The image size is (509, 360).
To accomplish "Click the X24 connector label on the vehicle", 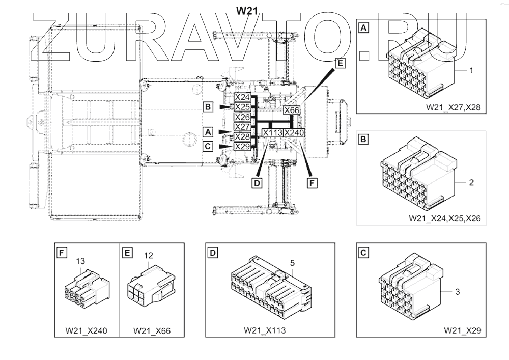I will pos(242,97).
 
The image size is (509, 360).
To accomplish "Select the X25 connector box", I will pos(242,107).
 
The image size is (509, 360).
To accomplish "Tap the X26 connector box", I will pos(242,117).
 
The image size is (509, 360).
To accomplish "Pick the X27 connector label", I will pos(242,127).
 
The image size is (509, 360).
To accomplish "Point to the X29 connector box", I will pos(242,147).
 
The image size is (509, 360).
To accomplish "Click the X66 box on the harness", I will pos(291,110).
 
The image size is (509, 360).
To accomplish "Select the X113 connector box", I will pos(272,133).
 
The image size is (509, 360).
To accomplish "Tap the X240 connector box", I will pos(294,133).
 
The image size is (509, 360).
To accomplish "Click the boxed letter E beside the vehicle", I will pos(340,64).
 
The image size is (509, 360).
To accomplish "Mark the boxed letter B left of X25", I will pos(207,107).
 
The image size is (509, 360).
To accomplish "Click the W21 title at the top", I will pos(245,10).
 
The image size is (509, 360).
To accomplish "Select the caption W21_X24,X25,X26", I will pos(444,218).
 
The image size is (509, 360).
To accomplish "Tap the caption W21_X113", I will pos(264,330).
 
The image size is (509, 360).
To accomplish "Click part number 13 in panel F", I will pos(80,261).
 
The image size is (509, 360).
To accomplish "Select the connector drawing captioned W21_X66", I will pos(150,290).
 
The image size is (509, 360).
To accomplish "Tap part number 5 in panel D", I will pos(293,263).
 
